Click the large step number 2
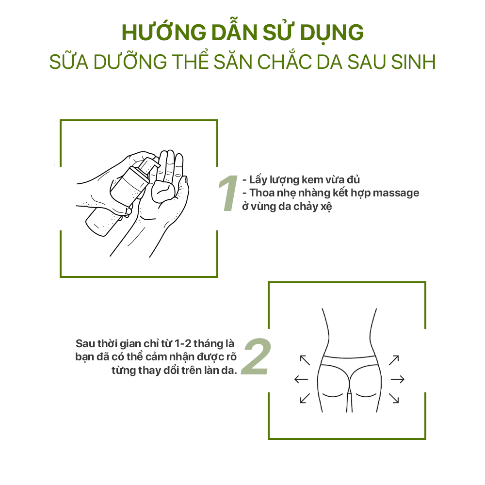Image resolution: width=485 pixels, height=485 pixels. coord(256,356)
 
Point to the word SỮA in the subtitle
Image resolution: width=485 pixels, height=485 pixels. coord(68,62)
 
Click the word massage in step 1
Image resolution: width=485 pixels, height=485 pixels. coord(395,193)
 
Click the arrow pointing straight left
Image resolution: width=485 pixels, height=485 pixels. coord(301,379)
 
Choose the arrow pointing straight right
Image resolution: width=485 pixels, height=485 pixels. coord(398,379)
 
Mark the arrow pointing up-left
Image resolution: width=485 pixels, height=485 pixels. coord(305,359)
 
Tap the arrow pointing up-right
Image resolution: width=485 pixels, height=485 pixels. coord(394,359)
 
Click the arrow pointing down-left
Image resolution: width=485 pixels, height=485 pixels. coord(305,398)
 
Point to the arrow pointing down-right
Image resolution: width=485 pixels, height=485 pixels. coord(394,398)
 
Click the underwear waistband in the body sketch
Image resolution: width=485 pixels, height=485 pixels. coord(350,359)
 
